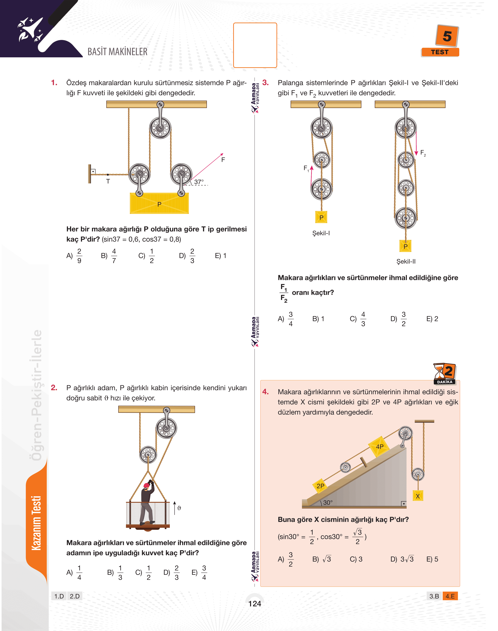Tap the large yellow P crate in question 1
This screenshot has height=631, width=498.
point(159,203)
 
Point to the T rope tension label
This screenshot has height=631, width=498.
point(108,181)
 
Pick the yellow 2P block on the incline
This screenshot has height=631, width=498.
point(320,486)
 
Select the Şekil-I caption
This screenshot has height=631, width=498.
point(321,233)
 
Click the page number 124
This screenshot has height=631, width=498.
point(254,604)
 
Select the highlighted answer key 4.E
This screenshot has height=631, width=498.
point(450,596)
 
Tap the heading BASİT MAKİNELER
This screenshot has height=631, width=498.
point(117,52)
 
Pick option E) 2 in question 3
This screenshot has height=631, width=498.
point(432,319)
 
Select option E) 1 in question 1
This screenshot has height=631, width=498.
point(220,256)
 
